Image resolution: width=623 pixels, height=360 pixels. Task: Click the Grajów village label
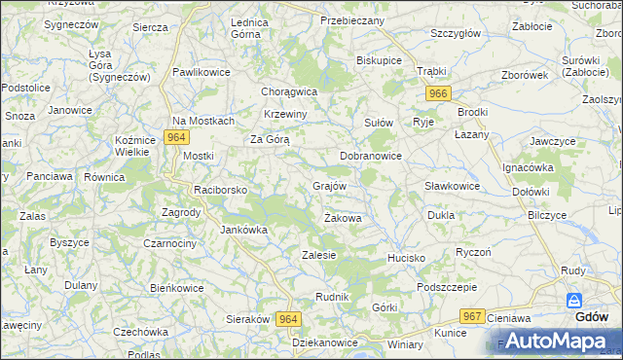[330, 185]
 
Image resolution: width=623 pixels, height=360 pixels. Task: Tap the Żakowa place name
[343, 218]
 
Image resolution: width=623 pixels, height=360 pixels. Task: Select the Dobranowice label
[370, 156]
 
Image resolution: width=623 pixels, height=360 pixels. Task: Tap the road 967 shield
[473, 316]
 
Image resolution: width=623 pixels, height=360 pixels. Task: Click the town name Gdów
[592, 317]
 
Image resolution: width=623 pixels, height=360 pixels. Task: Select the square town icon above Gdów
[574, 301]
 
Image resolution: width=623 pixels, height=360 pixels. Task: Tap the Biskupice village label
[380, 59]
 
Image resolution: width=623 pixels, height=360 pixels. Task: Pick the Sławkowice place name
[452, 186]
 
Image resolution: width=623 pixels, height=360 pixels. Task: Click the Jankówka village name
[243, 231]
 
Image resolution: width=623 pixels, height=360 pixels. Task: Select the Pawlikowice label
[201, 72]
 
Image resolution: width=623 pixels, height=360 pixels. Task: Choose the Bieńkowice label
[176, 288]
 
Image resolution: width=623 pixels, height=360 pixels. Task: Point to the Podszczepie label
[447, 287]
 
